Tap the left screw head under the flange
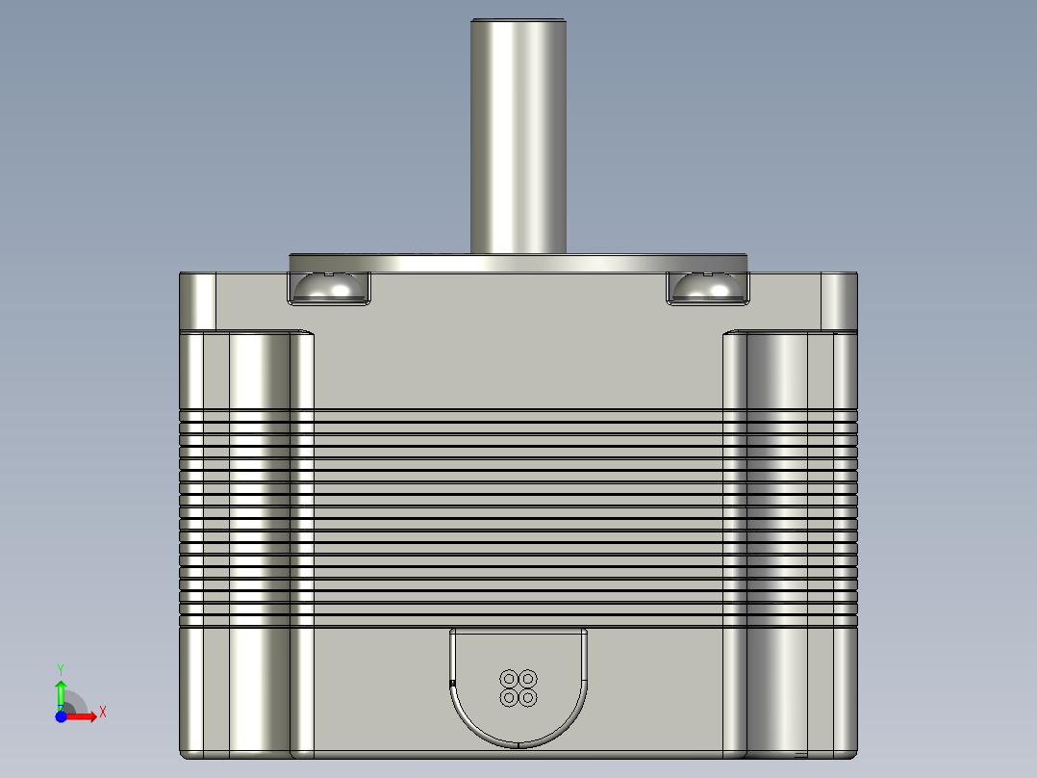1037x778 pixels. point(329,287)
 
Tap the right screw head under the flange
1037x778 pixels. point(706,287)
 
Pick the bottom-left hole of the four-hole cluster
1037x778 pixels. point(509,696)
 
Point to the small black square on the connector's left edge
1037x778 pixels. point(452,683)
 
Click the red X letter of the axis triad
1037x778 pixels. point(102,712)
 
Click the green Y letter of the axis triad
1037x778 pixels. point(60,668)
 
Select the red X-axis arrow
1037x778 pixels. point(85,716)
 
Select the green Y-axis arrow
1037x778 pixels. point(60,691)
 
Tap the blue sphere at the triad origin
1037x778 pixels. point(60,717)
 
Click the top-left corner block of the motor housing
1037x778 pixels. point(198,300)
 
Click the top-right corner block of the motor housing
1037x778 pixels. point(838,300)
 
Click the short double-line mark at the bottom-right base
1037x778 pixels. point(800,752)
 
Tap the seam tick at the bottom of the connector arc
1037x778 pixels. point(518,744)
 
